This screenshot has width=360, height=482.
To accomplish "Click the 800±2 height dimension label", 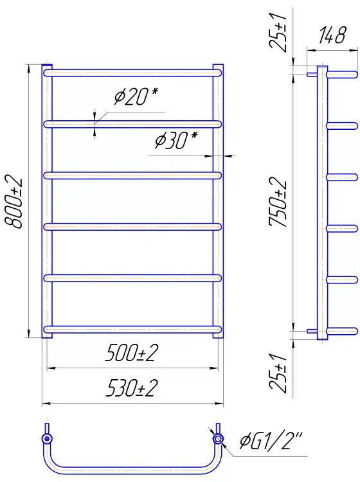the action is pyautogui.click(x=14, y=202).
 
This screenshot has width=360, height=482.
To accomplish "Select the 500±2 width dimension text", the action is pyautogui.click(x=132, y=353).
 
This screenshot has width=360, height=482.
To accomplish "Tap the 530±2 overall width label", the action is pyautogui.click(x=132, y=388).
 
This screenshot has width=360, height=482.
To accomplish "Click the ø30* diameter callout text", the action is pyautogui.click(x=176, y=140).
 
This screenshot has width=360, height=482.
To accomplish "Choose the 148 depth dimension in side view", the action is pyautogui.click(x=332, y=35).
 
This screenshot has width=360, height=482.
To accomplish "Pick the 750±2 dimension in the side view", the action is pyautogui.click(x=278, y=202).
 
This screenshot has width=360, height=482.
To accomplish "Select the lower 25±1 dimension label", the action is pyautogui.click(x=278, y=373).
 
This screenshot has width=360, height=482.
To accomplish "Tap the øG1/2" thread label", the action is pyautogui.click(x=271, y=441).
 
